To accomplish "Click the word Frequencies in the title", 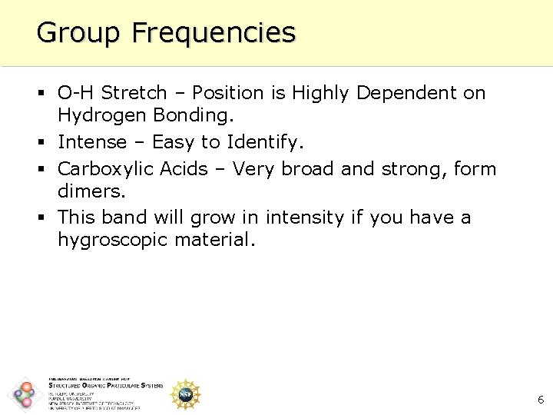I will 213,33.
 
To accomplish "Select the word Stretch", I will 134,93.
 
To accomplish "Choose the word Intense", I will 91,142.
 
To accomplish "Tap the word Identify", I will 270,142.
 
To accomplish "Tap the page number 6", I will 541,400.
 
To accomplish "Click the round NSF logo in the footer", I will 184,394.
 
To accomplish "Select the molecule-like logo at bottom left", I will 25,395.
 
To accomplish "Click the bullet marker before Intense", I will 43,143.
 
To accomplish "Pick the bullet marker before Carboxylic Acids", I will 43,169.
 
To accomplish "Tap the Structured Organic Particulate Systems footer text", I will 105,386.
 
